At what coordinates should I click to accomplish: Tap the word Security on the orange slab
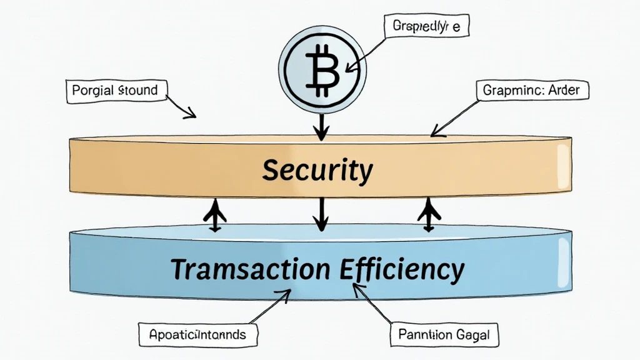(x=317, y=169)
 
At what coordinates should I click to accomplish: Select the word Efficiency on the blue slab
(x=402, y=269)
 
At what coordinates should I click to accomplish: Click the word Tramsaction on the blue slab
(x=249, y=269)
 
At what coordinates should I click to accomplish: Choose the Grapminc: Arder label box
(x=531, y=91)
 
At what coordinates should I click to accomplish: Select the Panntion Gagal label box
(x=444, y=335)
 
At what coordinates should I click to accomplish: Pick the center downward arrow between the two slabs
(x=320, y=214)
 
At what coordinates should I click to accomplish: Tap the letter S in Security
(x=271, y=169)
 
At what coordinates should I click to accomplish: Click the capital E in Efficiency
(x=347, y=269)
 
